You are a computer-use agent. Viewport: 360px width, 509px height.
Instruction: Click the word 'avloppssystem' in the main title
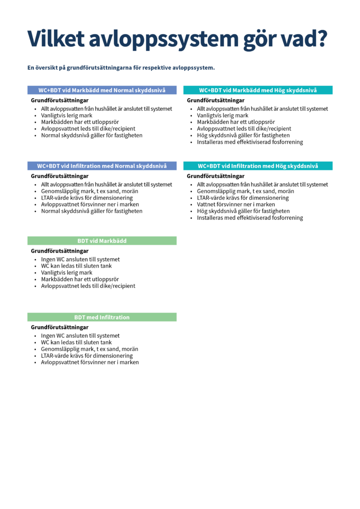click(164, 39)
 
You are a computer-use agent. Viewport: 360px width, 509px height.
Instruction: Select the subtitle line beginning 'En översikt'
click(121, 68)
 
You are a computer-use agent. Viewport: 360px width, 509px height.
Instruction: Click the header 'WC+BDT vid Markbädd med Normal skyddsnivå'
click(102, 90)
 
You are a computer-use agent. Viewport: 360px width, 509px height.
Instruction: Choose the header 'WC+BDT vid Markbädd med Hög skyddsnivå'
click(258, 90)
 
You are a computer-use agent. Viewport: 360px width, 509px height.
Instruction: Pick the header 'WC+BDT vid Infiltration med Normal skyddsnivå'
click(102, 166)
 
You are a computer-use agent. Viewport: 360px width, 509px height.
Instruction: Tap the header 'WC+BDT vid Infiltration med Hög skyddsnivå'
click(258, 166)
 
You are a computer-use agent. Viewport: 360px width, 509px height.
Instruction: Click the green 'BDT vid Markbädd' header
click(102, 241)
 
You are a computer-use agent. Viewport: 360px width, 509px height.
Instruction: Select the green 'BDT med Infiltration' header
click(102, 317)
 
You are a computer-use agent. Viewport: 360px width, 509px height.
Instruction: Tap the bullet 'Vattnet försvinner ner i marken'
click(236, 204)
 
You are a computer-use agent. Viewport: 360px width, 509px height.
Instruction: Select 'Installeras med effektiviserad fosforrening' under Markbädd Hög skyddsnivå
click(250, 142)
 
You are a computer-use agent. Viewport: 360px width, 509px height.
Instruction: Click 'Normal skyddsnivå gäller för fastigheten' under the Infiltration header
click(91, 211)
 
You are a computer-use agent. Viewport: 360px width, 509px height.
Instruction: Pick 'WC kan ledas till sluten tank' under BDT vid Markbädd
click(76, 266)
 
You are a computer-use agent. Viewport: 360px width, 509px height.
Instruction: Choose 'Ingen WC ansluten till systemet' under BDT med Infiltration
click(80, 336)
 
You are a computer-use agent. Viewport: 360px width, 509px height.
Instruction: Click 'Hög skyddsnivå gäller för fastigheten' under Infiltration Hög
click(243, 211)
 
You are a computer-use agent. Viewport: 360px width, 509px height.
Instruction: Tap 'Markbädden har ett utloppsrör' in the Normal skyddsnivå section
click(80, 122)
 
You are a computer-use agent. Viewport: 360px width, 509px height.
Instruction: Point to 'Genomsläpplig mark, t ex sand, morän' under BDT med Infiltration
click(90, 349)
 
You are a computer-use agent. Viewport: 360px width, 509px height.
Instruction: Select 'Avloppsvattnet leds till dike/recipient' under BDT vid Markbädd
click(88, 286)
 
